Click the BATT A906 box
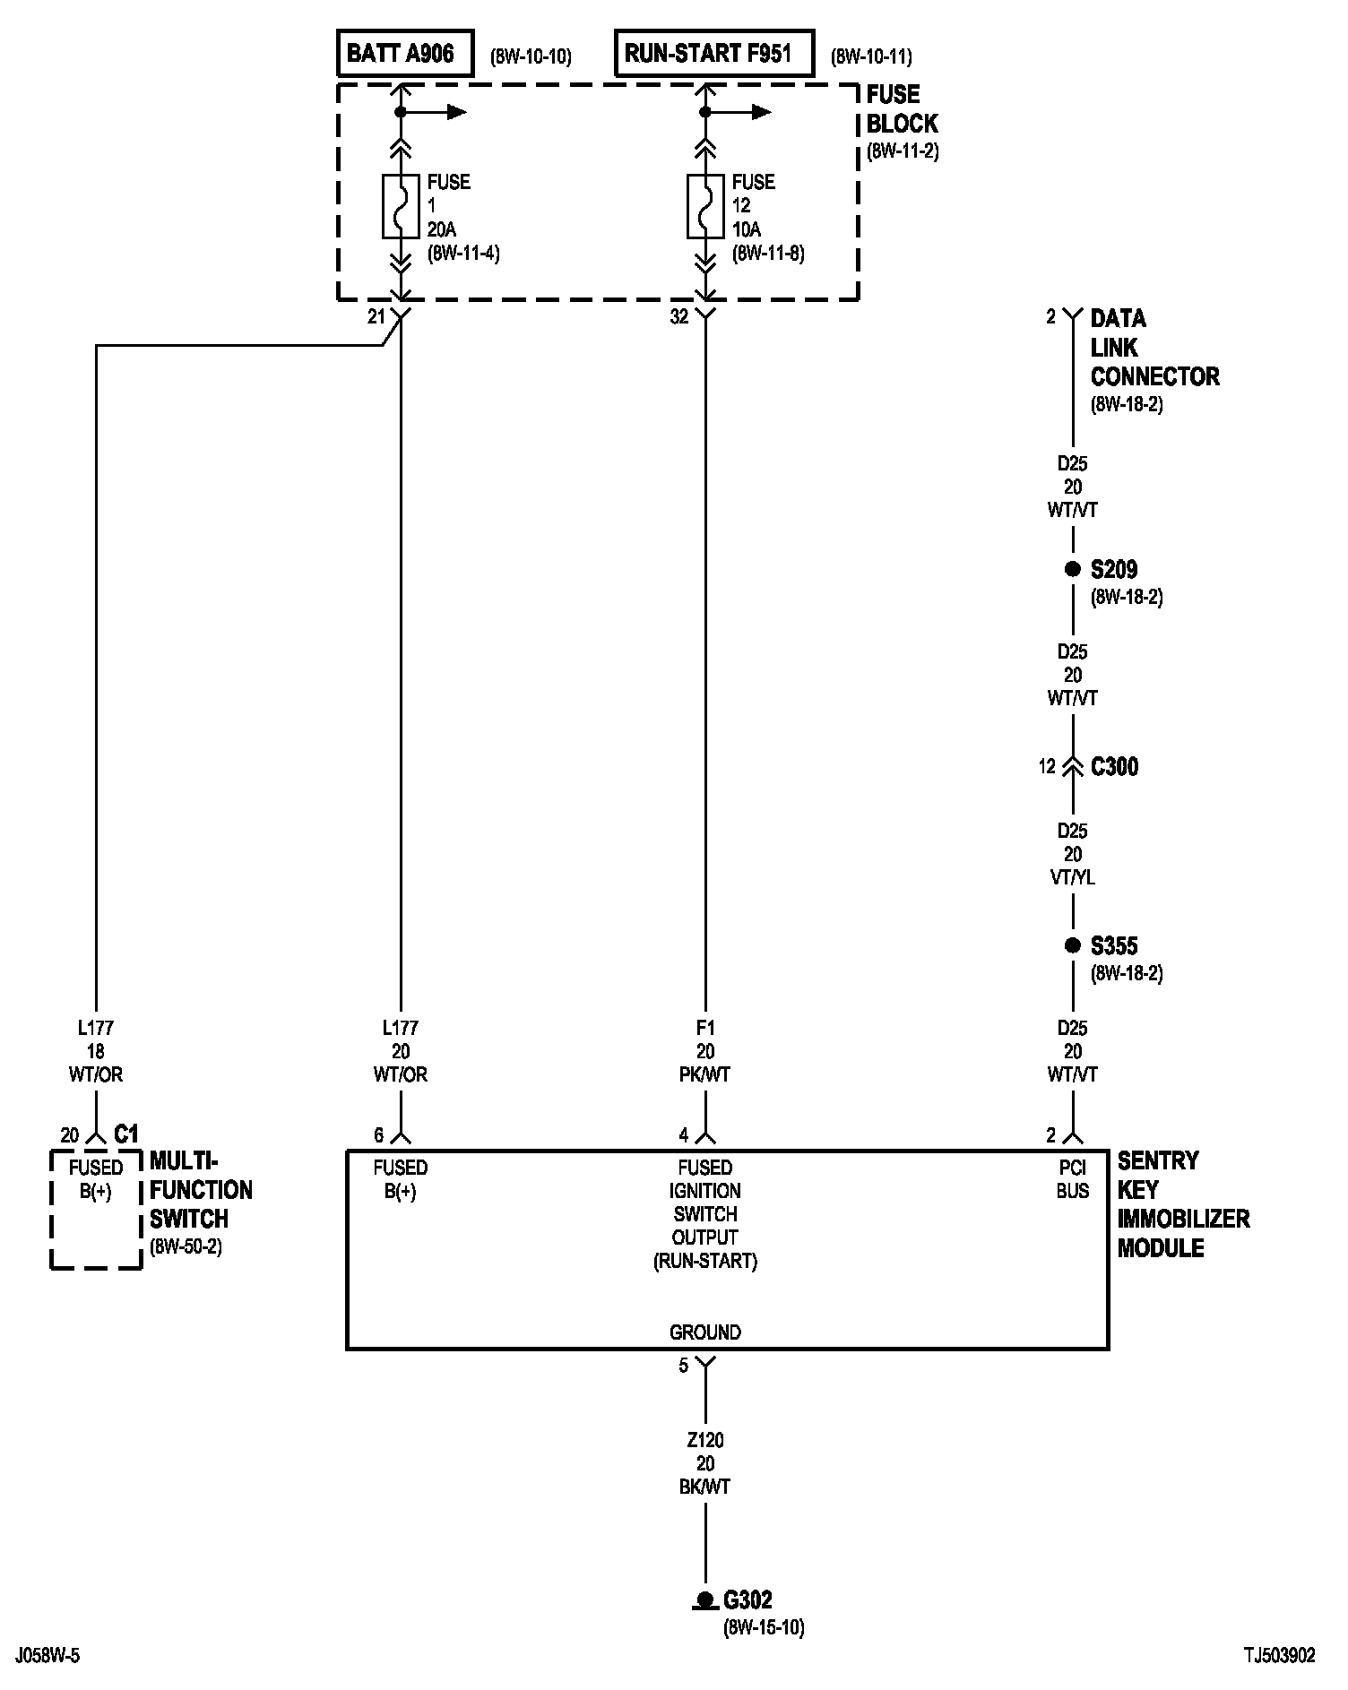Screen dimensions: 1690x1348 point(405,54)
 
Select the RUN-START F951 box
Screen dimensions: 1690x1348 point(714,54)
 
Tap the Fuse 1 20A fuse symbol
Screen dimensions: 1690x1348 point(401,206)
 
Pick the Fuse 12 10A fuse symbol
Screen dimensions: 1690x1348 point(705,206)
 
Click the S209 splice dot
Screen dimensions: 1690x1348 point(1072,569)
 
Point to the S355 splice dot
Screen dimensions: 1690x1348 point(1072,945)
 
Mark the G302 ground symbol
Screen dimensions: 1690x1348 point(705,1599)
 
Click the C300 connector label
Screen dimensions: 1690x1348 point(1114,767)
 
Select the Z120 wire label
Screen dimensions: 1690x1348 point(705,1441)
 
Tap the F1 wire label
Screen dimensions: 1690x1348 point(705,1028)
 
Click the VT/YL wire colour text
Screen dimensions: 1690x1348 point(1072,878)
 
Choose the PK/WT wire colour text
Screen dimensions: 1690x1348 point(705,1074)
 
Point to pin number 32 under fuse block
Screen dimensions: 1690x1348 point(679,316)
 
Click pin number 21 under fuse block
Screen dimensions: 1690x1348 point(376,316)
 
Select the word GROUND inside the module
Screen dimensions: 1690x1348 point(705,1332)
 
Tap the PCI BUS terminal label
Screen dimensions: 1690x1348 point(1072,1179)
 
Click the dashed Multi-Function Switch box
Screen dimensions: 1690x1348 point(96,1210)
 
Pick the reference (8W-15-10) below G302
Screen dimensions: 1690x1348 point(764,1628)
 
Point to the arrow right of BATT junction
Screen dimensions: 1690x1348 point(455,112)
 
